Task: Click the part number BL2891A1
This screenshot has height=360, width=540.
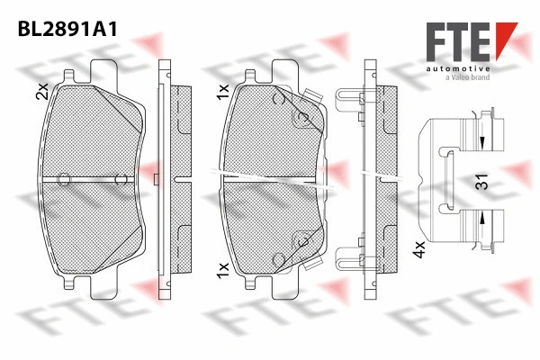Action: (68, 29)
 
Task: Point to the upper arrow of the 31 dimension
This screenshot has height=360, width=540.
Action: (482, 141)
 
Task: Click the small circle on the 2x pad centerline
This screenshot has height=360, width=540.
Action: (64, 179)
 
